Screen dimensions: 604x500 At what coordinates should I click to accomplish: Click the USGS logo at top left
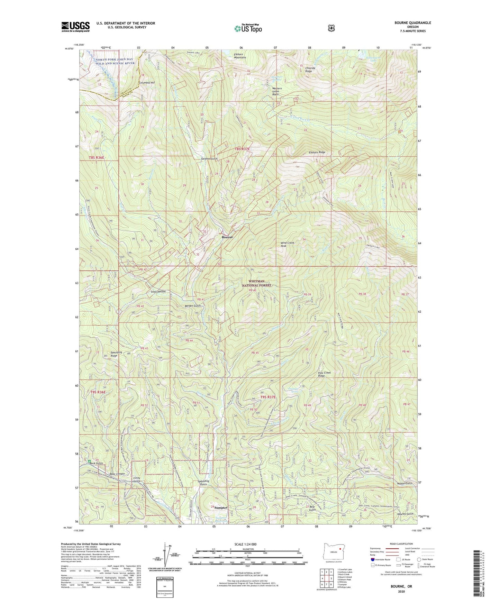click(x=75, y=26)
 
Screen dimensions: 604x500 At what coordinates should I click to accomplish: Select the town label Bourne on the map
click(x=227, y=237)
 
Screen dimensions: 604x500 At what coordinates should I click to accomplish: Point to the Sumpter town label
click(x=221, y=507)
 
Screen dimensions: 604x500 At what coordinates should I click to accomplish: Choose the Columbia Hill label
click(x=146, y=83)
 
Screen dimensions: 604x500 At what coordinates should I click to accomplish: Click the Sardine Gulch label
click(x=209, y=158)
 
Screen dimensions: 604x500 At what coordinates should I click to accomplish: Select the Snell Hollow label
click(x=158, y=292)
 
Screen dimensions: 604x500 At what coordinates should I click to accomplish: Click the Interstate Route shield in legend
click(x=373, y=559)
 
